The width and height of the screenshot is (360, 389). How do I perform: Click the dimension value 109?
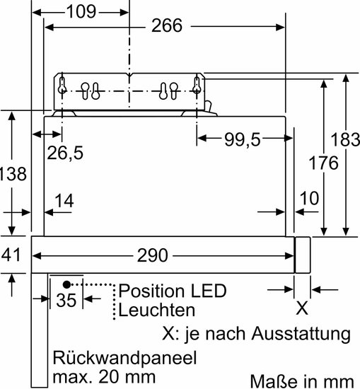point(81,11)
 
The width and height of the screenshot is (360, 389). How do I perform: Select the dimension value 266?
point(167,25)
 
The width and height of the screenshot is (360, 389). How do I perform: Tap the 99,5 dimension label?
point(242,139)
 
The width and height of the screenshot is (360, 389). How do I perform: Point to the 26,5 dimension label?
point(65,153)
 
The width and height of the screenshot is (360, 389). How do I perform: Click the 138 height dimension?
point(13,174)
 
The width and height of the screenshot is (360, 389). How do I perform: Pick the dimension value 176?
point(323,163)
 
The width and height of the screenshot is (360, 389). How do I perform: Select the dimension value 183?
point(345,139)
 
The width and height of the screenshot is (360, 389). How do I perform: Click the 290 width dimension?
point(152,255)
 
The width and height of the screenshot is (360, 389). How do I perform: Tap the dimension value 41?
point(11,255)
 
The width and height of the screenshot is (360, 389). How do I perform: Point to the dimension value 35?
point(66,301)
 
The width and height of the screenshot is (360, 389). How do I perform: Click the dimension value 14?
point(64,201)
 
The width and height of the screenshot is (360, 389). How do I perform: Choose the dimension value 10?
point(309,199)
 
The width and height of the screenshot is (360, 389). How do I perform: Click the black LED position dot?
point(66,285)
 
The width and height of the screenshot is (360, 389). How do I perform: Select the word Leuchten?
point(157,310)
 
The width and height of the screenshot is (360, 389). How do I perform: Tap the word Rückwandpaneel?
point(124,358)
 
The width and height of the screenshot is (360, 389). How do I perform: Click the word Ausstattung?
point(301,333)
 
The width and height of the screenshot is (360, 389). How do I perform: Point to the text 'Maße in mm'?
point(302,381)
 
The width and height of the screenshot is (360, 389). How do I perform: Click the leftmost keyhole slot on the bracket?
point(62,85)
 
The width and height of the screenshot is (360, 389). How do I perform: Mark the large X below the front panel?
point(302,308)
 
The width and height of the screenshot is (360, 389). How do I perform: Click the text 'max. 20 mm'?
point(104,377)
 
